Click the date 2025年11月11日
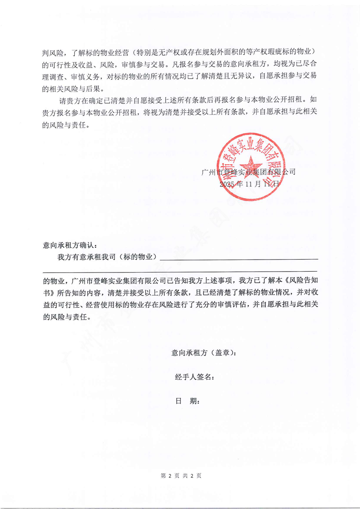click(250, 183)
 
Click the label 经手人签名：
click(194, 377)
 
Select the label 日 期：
click(187, 401)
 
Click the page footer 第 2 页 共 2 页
click(180, 475)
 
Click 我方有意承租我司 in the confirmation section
click(86, 257)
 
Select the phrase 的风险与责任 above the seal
click(64, 125)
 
